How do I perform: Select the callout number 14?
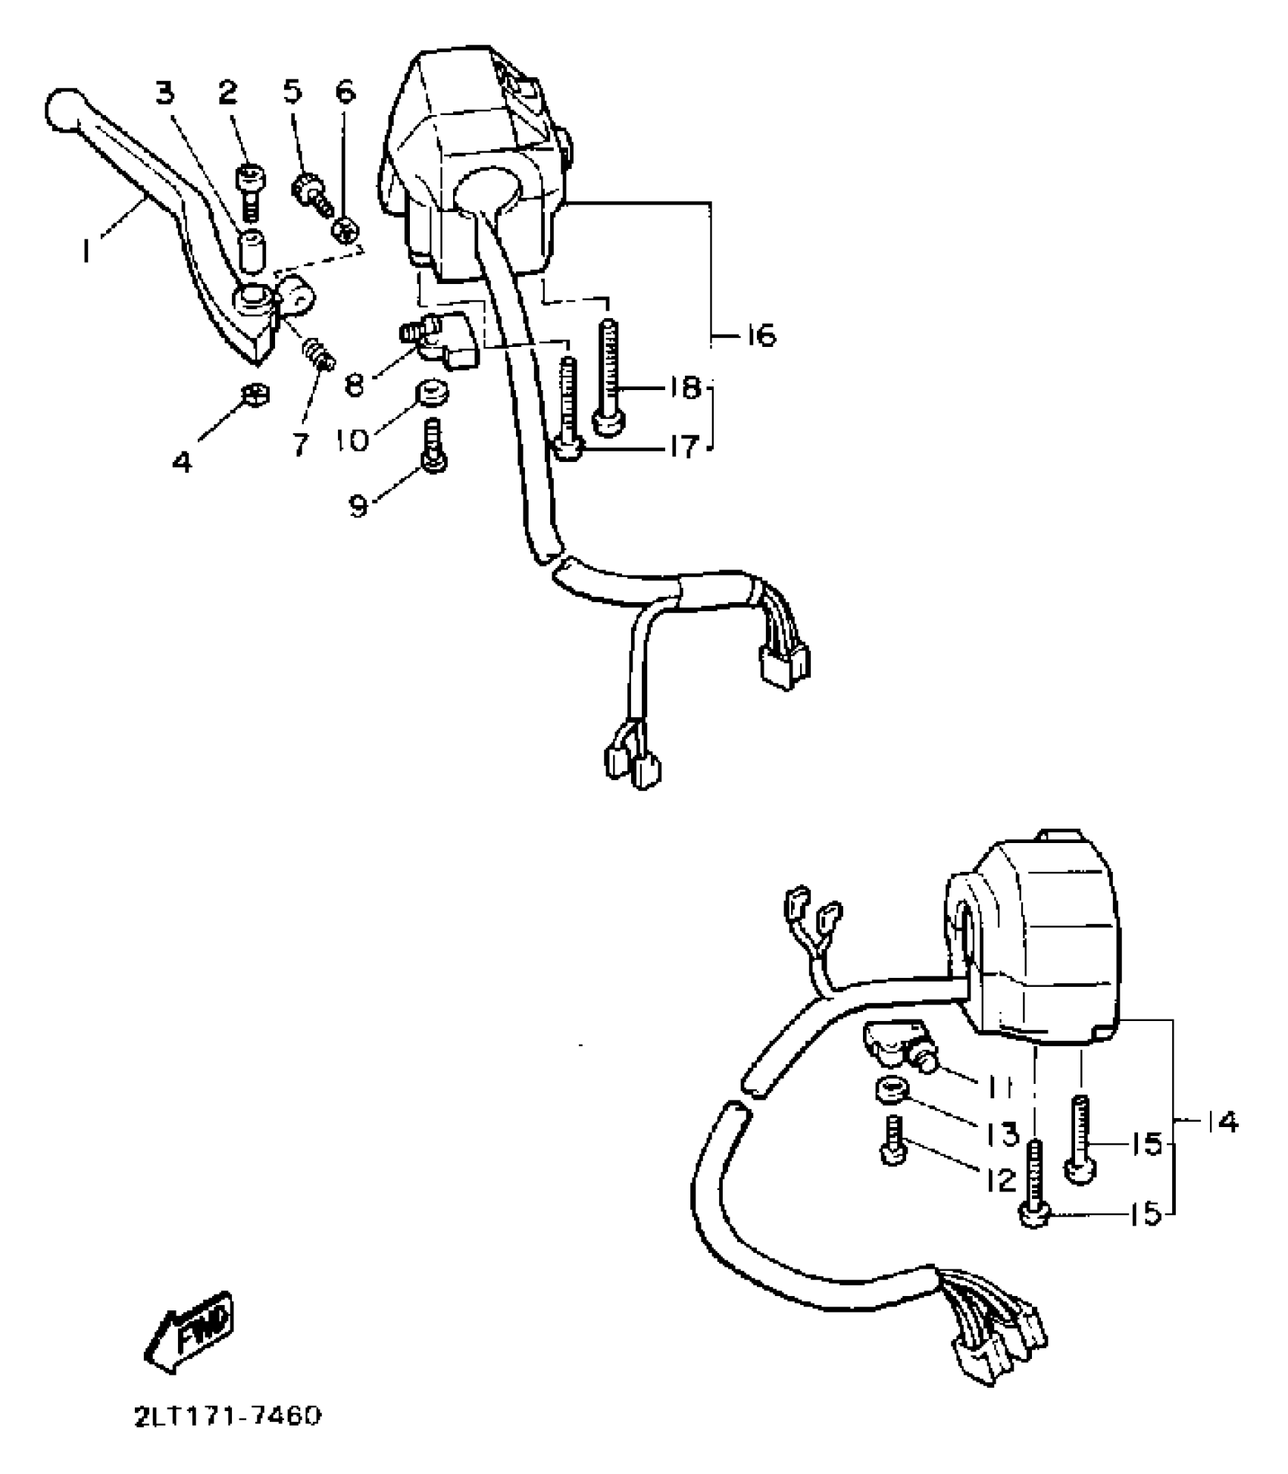pyautogui.click(x=1221, y=1122)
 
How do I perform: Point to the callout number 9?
pyautogui.click(x=358, y=505)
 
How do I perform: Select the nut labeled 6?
pyautogui.click(x=346, y=230)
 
